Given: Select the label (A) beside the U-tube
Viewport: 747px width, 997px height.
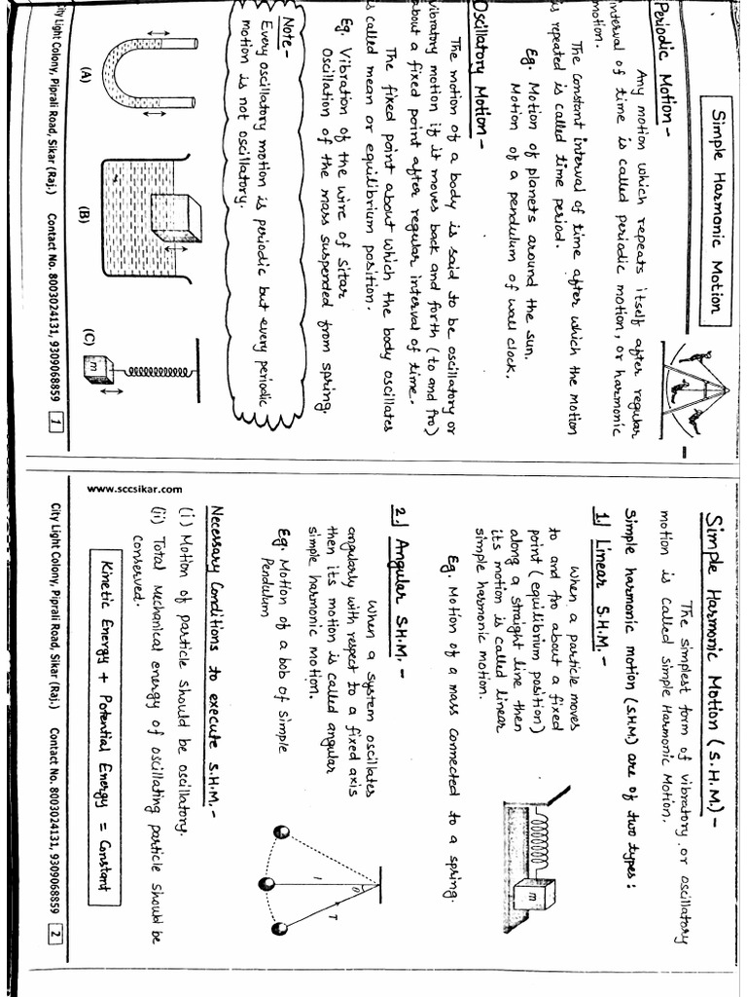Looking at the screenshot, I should point(86,76).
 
